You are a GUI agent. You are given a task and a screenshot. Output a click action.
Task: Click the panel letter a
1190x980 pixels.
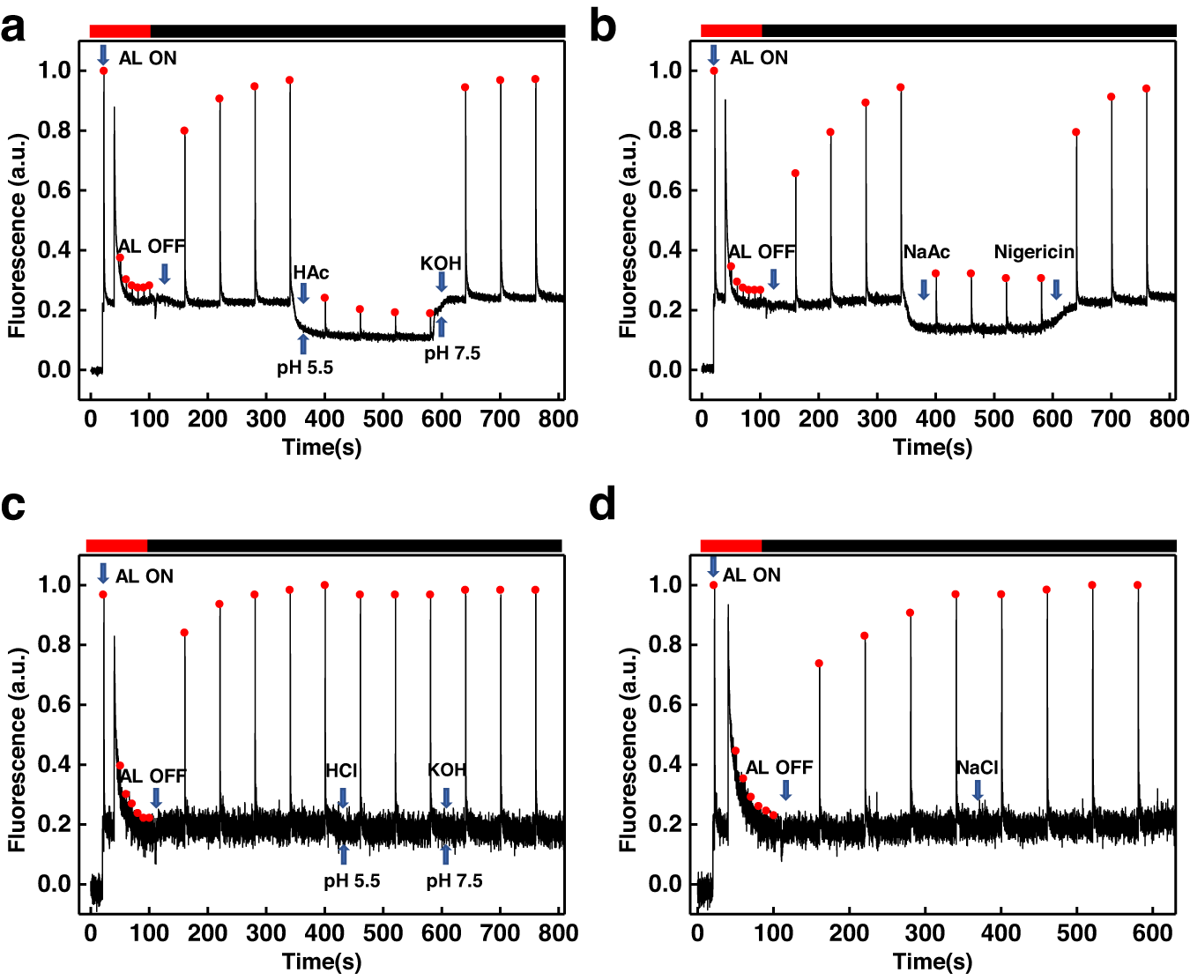click(x=13, y=28)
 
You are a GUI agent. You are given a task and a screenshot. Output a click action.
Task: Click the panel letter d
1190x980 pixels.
click(x=603, y=506)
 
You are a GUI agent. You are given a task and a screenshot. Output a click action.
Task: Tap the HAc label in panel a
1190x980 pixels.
click(x=311, y=273)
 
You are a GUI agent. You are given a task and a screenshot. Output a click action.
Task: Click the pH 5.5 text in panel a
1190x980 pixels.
click(x=305, y=367)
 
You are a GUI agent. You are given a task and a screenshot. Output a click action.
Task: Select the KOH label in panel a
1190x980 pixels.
click(x=441, y=264)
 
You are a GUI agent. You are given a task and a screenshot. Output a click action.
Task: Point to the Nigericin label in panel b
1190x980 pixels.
click(x=1034, y=252)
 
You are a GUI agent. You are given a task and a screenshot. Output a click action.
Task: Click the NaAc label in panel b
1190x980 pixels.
click(x=926, y=252)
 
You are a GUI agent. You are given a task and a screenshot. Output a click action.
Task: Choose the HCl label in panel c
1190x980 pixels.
click(x=342, y=770)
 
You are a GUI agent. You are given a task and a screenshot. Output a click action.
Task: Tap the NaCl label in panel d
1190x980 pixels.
click(x=978, y=768)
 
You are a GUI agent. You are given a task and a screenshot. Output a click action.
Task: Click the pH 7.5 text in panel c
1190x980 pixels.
click(x=454, y=881)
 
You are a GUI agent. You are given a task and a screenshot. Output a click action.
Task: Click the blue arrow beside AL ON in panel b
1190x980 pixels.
click(x=714, y=56)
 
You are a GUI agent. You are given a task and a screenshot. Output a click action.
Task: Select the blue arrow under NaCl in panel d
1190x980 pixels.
click(x=978, y=791)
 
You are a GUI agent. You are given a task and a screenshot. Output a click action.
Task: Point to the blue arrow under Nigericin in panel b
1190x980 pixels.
click(x=1056, y=289)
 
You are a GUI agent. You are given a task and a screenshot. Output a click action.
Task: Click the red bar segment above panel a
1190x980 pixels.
click(x=120, y=32)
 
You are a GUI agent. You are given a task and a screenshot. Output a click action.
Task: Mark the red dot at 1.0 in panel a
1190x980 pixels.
click(x=104, y=71)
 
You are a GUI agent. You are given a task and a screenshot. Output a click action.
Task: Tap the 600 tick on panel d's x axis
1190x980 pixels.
click(x=1152, y=933)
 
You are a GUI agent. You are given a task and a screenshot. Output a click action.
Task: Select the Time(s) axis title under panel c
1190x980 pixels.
click(x=322, y=961)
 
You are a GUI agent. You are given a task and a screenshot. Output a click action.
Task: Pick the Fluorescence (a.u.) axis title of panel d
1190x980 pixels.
click(x=628, y=750)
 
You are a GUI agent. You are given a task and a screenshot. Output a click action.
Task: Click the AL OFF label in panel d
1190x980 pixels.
click(x=779, y=768)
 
